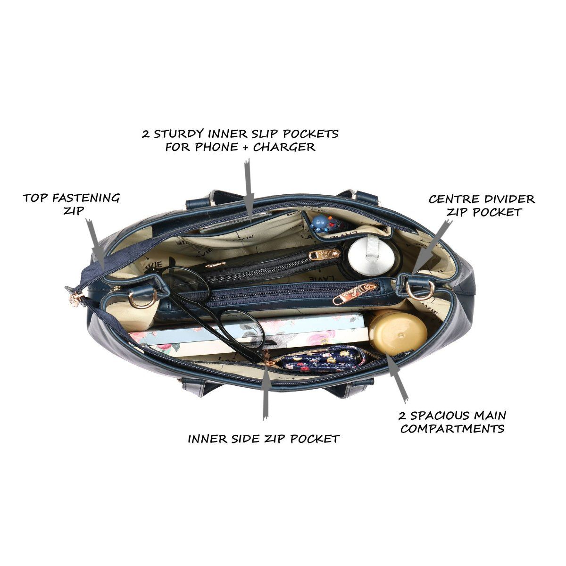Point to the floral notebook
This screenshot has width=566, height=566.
coord(249,333)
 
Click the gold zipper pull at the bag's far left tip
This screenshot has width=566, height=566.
coord(75,300)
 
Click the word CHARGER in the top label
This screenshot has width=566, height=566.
coord(284,147)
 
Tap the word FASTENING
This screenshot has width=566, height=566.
coord(85,198)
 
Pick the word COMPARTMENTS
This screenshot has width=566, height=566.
coord(452,429)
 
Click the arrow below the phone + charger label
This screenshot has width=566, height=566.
coord(249,190)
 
